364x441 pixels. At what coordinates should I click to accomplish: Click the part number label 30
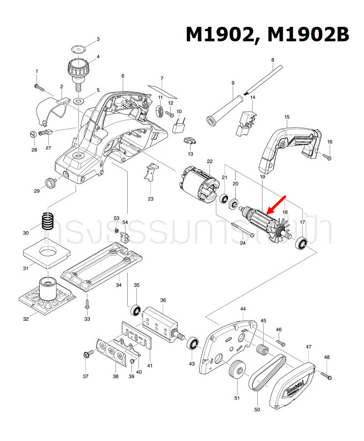pyautogui.click(x=26, y=233)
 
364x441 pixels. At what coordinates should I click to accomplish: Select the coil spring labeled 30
pyautogui.click(x=49, y=222)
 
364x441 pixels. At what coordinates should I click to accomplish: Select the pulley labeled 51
pyautogui.click(x=236, y=371)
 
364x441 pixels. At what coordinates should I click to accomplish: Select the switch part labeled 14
pyautogui.click(x=246, y=121)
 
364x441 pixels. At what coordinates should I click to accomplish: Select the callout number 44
pyautogui.click(x=243, y=309)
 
